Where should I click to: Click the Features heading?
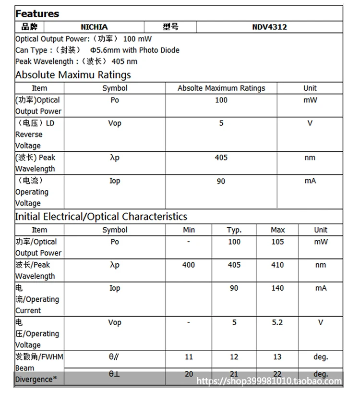tap(37, 13)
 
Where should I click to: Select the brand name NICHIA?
tap(94, 27)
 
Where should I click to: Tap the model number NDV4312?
tap(269, 27)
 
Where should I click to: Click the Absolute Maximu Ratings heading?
tap(73, 75)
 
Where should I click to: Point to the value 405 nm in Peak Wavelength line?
tap(124, 61)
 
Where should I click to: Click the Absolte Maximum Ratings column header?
tap(221, 88)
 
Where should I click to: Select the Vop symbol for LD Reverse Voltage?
tap(115, 123)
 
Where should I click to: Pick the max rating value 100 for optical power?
tap(221, 100)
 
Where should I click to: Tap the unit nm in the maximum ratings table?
tap(310, 158)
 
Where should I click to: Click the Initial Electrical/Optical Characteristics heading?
tap(101, 217)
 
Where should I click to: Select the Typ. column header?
tap(234, 230)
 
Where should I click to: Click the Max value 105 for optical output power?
tap(277, 242)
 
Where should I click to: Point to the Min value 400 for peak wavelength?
tap(189, 265)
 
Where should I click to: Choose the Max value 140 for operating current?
tap(277, 288)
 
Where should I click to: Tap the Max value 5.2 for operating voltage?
tap(277, 322)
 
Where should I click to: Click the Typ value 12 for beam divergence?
tap(234, 357)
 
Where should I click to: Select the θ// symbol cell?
tap(114, 357)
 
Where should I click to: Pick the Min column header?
tap(189, 230)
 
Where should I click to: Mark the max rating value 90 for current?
tap(221, 181)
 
